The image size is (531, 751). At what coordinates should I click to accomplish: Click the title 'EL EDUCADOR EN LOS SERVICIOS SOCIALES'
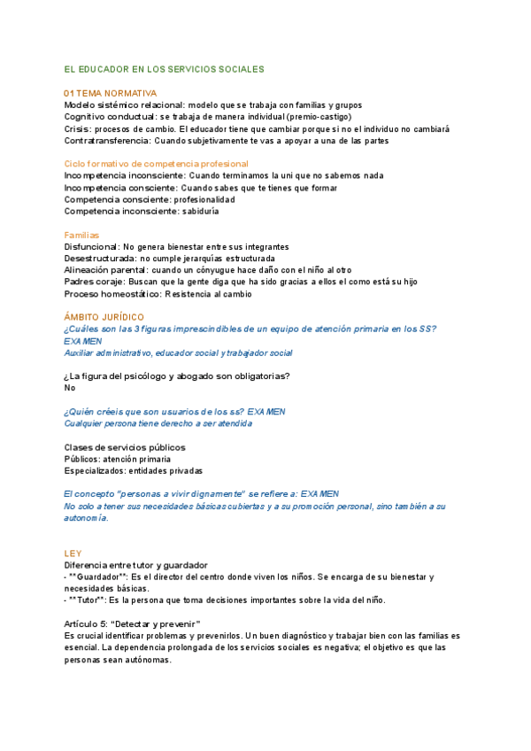pos(165,68)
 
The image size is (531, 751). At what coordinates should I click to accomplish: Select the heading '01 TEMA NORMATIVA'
pos(111,93)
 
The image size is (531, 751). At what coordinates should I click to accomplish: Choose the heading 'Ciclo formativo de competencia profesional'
pos(157,164)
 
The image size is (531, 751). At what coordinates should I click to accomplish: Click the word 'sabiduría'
pos(201,212)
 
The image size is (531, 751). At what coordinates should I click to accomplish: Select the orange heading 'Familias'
pos(82,235)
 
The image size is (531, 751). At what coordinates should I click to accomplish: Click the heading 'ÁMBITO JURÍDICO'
pos(104,317)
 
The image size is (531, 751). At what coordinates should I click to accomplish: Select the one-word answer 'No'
pos(71,388)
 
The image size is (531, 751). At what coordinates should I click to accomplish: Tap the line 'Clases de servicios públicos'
pos(125,447)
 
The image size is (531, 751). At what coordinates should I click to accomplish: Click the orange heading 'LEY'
pos(73,553)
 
